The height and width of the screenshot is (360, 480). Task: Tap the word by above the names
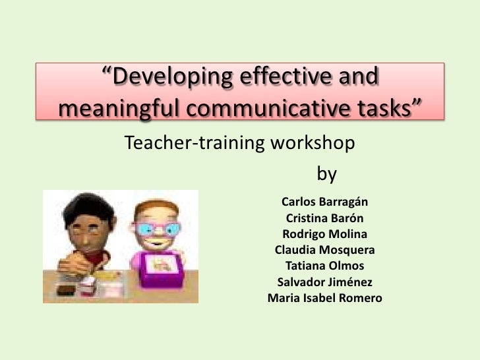pos(327,174)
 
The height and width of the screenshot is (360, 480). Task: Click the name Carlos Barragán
pos(324,201)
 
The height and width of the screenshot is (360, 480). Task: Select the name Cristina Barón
pos(324,218)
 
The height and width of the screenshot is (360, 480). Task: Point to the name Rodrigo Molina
pos(324,234)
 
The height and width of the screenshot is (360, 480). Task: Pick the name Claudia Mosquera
pos(324,251)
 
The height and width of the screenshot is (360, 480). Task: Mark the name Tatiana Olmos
pos(324,266)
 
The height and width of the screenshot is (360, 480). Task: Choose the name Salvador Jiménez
pos(324,283)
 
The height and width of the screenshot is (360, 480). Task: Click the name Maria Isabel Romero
pos(324,299)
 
